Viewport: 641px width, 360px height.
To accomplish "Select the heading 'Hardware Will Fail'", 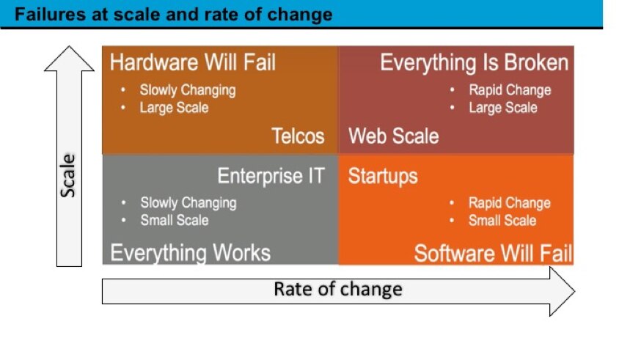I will (193, 62).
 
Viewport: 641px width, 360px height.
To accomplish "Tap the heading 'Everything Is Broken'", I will (474, 62).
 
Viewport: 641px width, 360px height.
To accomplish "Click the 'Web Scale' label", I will (394, 136).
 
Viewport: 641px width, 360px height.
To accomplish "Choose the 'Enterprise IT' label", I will (271, 176).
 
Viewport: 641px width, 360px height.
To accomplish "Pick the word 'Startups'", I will (383, 176).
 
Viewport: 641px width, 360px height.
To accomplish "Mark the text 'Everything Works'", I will (191, 253).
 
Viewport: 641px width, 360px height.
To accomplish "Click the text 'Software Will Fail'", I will (493, 254).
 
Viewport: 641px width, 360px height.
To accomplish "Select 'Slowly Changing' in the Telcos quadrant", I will (188, 90).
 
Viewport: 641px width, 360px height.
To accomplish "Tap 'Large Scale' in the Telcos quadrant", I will (174, 108).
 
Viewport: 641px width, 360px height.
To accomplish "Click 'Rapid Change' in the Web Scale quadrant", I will (510, 90).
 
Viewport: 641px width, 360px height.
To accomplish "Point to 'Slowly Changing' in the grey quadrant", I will (188, 202).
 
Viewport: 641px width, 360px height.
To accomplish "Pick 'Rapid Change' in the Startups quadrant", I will (510, 202).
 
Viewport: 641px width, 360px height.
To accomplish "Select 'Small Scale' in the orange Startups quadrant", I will (502, 220).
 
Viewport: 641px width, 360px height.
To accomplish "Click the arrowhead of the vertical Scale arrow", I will (69, 59).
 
